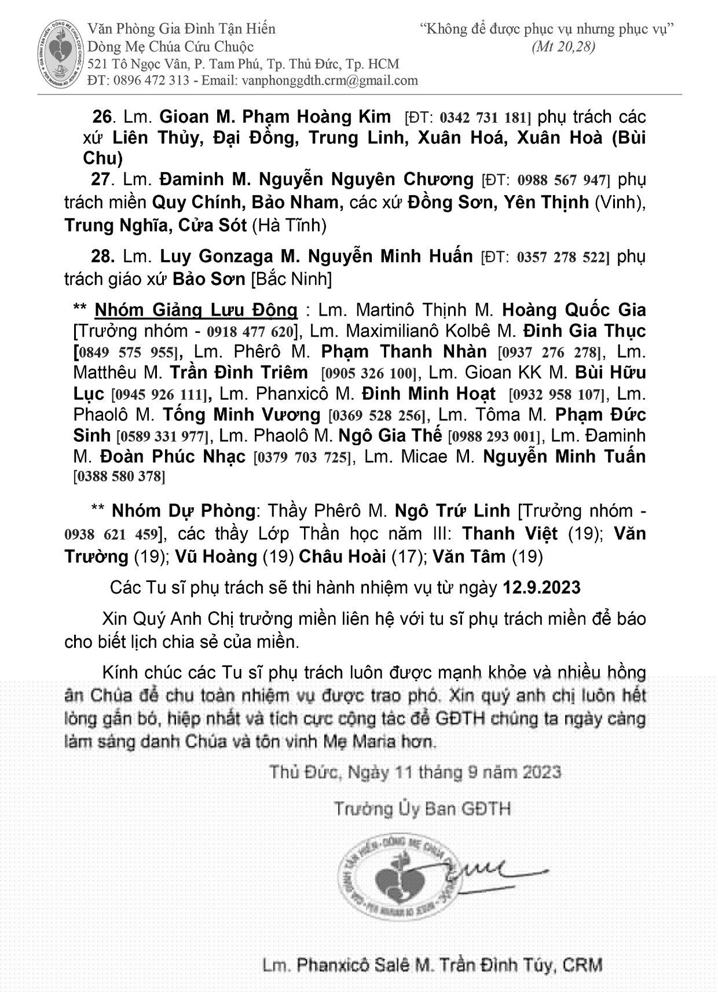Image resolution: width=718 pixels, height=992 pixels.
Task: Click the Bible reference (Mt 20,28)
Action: (x=563, y=47)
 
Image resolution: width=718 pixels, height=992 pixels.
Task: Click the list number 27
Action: (x=100, y=180)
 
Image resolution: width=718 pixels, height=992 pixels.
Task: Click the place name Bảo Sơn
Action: (x=209, y=279)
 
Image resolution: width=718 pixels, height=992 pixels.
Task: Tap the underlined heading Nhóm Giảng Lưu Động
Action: (x=196, y=310)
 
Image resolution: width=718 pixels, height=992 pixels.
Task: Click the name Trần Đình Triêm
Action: (x=239, y=373)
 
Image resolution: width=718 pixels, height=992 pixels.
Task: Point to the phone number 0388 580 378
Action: (x=119, y=477)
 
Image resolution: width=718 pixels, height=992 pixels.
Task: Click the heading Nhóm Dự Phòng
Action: (x=183, y=511)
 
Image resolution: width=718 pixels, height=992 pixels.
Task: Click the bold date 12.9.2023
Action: (x=541, y=588)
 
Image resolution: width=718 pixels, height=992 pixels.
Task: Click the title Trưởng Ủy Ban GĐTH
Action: (x=422, y=809)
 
